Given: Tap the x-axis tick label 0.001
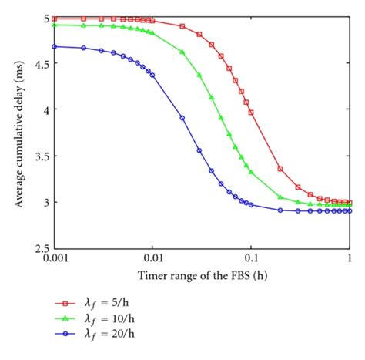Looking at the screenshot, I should click(54, 257).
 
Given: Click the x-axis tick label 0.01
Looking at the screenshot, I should click(152, 257).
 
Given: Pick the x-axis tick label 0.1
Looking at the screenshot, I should click(251, 257).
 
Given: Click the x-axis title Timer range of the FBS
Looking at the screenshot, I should click(202, 275).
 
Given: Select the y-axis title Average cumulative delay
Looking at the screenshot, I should click(17, 133).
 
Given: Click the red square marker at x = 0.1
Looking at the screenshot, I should click(251, 113).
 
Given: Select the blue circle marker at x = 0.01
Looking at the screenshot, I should click(152, 75).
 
